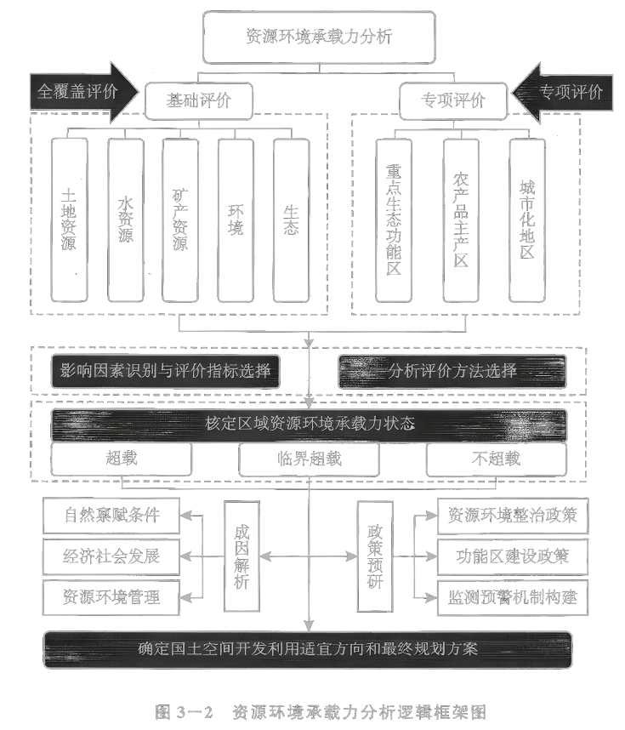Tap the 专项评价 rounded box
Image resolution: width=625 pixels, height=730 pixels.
(x=454, y=100)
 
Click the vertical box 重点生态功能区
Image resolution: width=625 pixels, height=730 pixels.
(x=394, y=219)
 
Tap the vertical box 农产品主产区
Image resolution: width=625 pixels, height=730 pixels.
(x=460, y=219)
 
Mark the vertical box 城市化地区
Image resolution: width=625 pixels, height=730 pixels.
(x=526, y=219)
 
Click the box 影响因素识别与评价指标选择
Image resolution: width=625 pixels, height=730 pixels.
(x=165, y=371)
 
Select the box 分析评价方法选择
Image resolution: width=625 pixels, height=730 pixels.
(x=452, y=371)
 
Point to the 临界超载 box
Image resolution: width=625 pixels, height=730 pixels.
(x=309, y=459)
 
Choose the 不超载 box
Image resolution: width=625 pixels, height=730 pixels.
(x=496, y=459)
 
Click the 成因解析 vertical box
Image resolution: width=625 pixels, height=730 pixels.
(x=241, y=556)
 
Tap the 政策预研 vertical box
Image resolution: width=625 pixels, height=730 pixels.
(x=375, y=556)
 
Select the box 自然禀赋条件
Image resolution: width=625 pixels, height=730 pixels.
(x=112, y=515)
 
